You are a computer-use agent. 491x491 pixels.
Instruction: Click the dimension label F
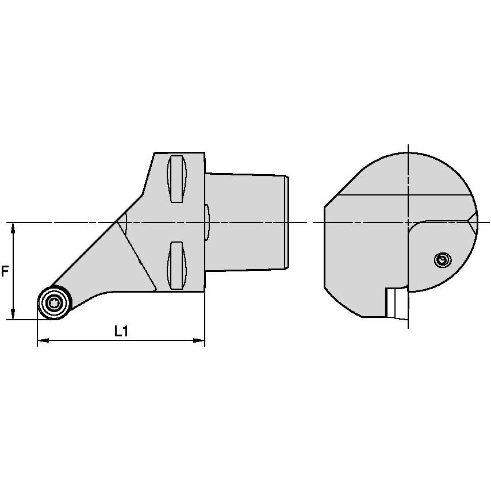click(5, 271)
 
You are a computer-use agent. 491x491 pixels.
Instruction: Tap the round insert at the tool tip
click(54, 302)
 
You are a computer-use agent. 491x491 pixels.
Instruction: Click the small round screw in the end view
click(441, 260)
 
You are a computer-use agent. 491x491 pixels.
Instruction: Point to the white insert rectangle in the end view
click(394, 302)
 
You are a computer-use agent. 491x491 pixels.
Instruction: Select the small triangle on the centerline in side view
click(121, 221)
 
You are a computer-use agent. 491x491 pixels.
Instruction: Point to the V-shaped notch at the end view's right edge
click(473, 223)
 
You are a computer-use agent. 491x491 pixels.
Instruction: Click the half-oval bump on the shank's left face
click(208, 221)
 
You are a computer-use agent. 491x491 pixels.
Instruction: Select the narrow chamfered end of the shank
click(287, 222)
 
